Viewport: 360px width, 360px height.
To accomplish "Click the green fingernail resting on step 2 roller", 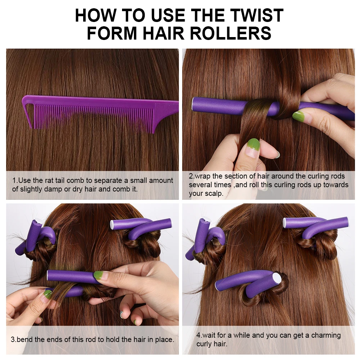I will pyautogui.click(x=298, y=116).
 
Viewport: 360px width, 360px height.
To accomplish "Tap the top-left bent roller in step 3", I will pyautogui.click(x=40, y=234).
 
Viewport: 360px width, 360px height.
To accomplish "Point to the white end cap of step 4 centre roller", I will pyautogui.click(x=278, y=278).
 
